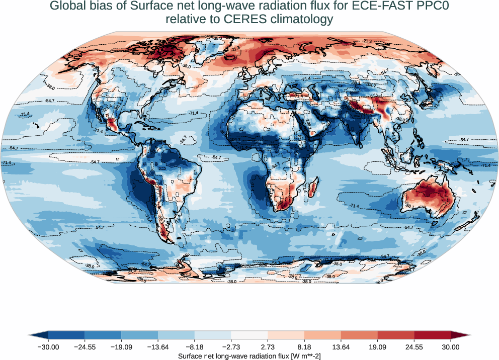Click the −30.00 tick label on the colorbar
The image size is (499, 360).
coord(48,347)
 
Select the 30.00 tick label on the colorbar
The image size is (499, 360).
coord(451,347)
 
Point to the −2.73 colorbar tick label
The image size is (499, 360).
coord(231,347)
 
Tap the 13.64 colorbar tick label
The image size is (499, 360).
coord(341,347)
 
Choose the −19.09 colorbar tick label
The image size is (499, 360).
coord(121,347)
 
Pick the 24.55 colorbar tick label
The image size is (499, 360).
coord(414,347)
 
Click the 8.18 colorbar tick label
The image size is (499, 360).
coord(304,347)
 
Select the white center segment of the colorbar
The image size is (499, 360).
coord(249,335)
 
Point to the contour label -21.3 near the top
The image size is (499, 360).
coord(367,41)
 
